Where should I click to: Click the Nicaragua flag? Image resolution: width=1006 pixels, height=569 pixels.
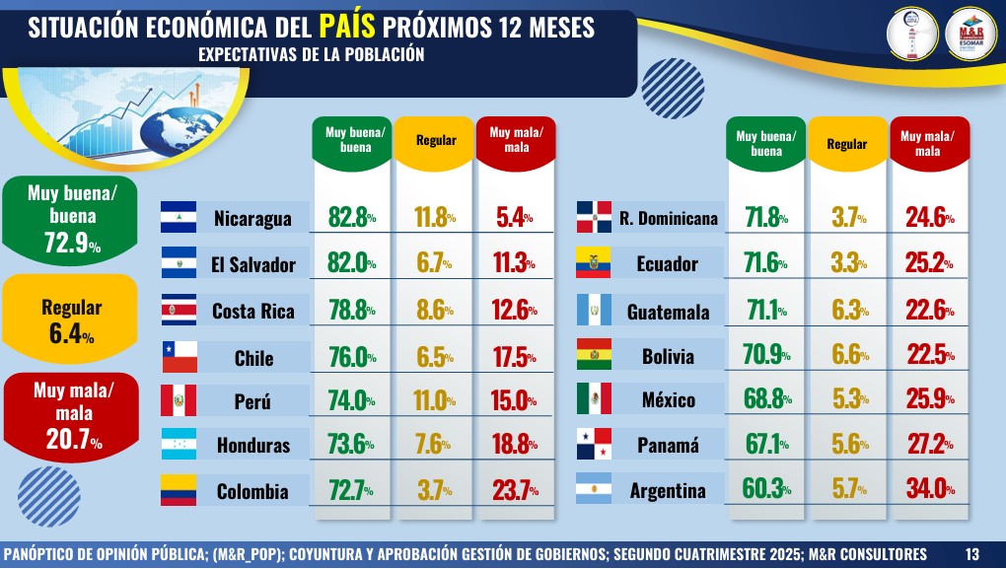tap(178, 217)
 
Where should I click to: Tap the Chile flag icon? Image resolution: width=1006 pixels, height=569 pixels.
tap(178, 356)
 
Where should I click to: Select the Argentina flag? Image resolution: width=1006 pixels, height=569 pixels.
tap(594, 489)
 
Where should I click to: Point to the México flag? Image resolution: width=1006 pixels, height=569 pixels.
tap(594, 399)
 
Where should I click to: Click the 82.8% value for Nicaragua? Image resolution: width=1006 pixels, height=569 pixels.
tap(351, 217)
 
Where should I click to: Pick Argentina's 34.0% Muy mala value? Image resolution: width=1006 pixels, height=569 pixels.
tap(927, 489)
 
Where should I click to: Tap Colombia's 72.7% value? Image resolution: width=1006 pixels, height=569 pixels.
tap(351, 489)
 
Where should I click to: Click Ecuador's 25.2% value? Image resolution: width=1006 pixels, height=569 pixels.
tap(927, 264)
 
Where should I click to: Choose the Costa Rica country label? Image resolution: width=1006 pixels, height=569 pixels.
tap(252, 312)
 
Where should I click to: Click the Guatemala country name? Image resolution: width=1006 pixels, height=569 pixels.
tap(668, 313)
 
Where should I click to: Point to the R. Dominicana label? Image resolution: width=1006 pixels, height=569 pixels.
tap(669, 218)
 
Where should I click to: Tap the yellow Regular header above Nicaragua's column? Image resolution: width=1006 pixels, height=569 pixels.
tap(435, 141)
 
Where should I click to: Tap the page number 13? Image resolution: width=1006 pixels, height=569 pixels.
tap(972, 552)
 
